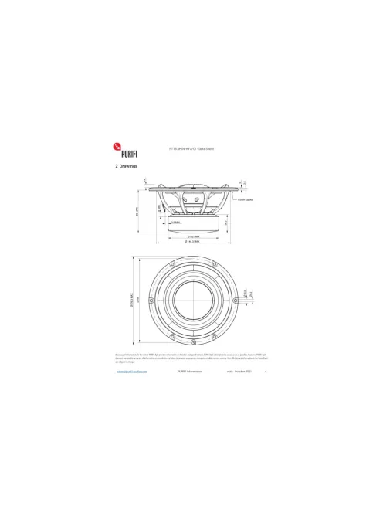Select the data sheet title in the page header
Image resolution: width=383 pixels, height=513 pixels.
[191, 147]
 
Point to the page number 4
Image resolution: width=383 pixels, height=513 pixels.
[266, 372]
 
